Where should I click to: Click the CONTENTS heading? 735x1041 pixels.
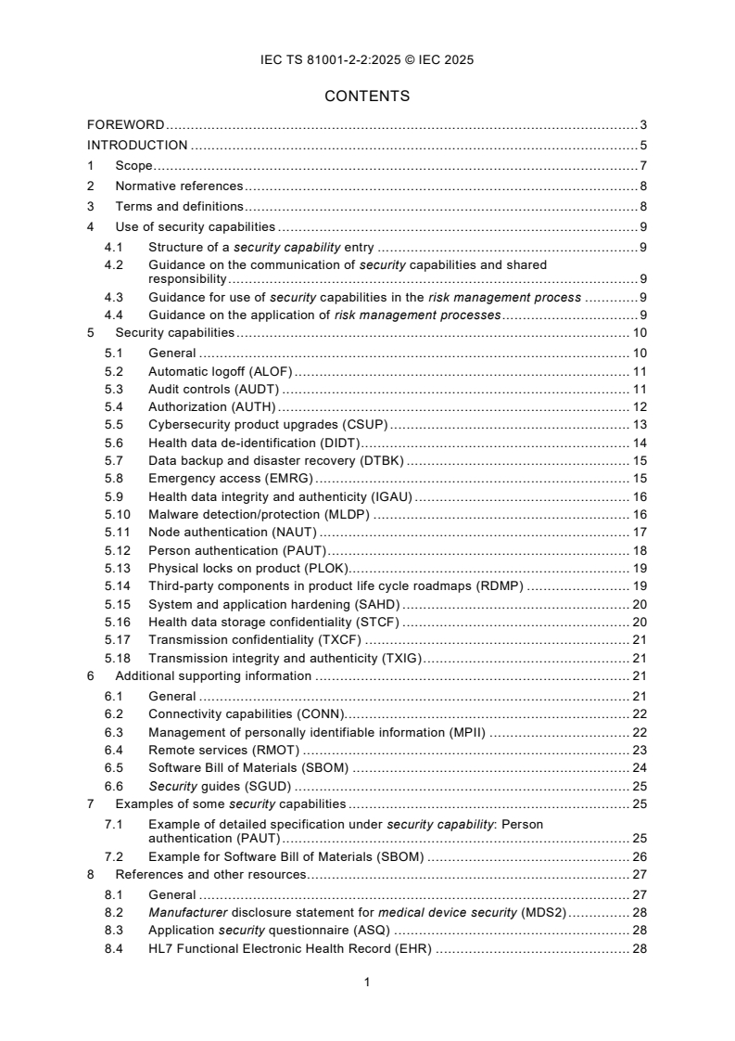(x=367, y=96)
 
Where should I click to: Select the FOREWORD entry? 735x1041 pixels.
(x=126, y=124)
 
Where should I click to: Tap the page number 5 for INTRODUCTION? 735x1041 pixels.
(x=642, y=145)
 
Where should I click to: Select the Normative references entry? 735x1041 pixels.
(x=179, y=186)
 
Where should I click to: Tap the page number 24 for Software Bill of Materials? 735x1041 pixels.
(x=639, y=767)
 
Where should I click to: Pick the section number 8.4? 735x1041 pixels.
(x=113, y=949)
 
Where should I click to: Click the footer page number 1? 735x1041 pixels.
(x=367, y=983)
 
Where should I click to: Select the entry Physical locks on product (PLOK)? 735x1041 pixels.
(x=247, y=569)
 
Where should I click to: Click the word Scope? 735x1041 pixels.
(x=133, y=165)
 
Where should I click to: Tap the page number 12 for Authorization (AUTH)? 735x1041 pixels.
(x=639, y=406)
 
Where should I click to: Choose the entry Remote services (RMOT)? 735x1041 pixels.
(x=223, y=750)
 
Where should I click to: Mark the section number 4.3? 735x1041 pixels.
(x=113, y=297)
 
